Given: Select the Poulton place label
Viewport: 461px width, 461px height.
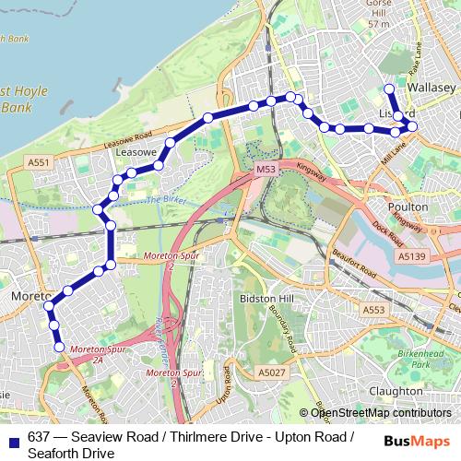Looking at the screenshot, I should pyautogui.click(x=409, y=183).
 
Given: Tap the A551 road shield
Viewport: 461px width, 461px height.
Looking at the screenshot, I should pyautogui.click(x=37, y=162).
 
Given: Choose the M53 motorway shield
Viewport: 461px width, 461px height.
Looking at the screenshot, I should pyautogui.click(x=266, y=170).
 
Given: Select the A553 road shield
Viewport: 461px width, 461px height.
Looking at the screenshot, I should pyautogui.click(x=373, y=310).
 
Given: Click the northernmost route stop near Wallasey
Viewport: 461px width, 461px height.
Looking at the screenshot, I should pyautogui.click(x=388, y=89).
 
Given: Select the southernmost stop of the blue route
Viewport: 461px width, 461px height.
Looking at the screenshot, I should pyautogui.click(x=60, y=348).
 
